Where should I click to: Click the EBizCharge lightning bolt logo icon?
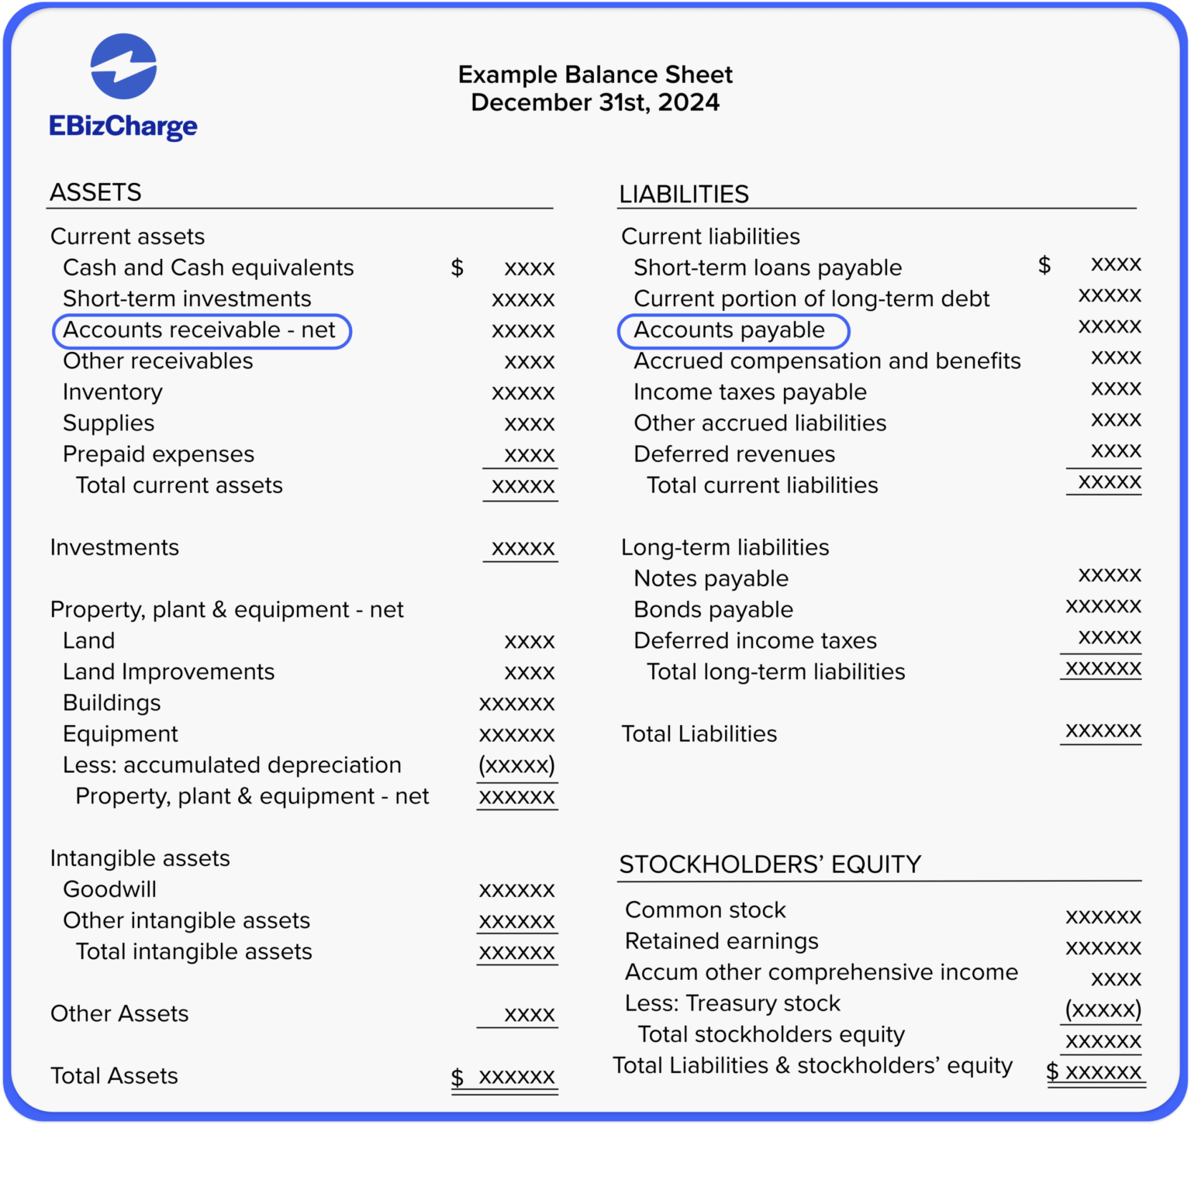123,67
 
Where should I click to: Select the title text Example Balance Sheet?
595,74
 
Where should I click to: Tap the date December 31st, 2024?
595,102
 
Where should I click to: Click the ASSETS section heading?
95,192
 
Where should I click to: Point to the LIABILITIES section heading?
683,194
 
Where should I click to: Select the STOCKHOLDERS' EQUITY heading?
769,864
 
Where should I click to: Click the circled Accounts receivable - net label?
200,330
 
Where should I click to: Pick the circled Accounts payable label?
730,330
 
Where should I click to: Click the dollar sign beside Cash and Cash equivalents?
457,267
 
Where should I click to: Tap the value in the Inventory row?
523,392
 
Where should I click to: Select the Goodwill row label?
109,889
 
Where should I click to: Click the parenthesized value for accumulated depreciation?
517,765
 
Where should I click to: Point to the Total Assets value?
516,1076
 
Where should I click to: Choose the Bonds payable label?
713,609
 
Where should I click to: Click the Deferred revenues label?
734,454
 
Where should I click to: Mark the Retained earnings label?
721,940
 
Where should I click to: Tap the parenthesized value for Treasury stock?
1103,1009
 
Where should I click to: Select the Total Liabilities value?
1103,730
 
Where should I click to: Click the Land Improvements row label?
168,671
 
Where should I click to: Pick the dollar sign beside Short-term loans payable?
1044,264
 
